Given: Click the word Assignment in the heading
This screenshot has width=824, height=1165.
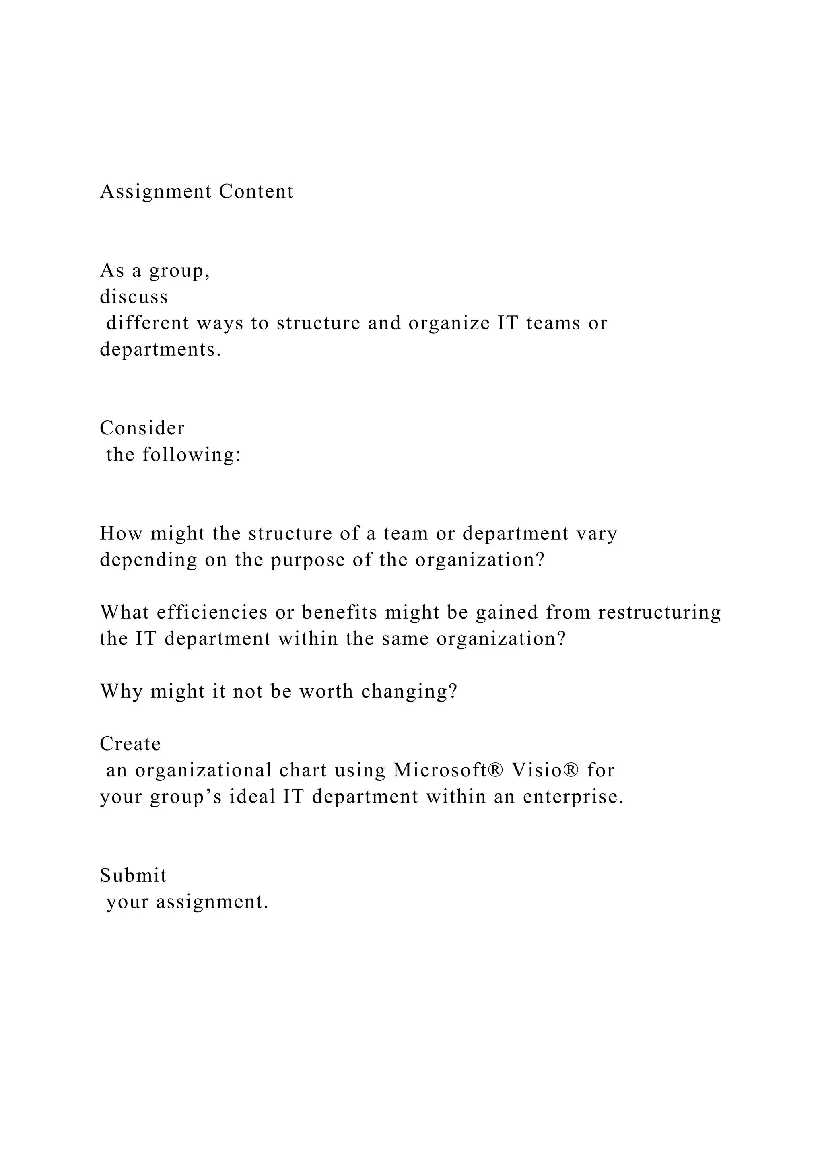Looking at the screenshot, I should [x=156, y=192].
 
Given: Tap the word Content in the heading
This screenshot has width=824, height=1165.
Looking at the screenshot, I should [x=256, y=192].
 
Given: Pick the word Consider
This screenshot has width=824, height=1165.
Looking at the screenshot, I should [x=142, y=428].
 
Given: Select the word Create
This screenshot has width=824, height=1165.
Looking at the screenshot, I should [x=130, y=744].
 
